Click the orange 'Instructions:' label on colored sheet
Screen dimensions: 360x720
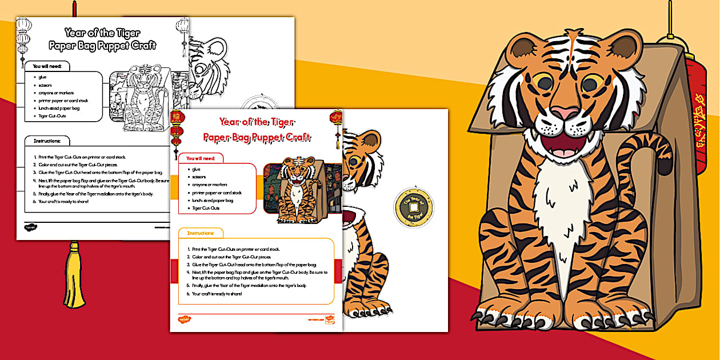pyautogui.click(x=201, y=233)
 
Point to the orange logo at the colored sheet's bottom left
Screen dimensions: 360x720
pyautogui.click(x=184, y=319)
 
